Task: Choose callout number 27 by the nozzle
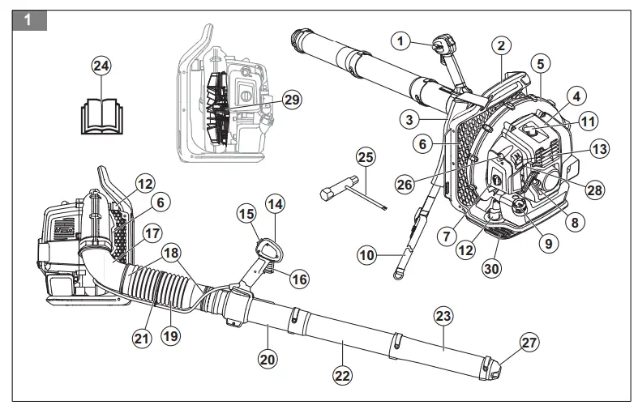click(529, 343)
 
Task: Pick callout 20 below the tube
click(268, 356)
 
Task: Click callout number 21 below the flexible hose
click(143, 339)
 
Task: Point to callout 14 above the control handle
click(276, 205)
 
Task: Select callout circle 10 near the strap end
click(368, 256)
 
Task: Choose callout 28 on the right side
click(596, 189)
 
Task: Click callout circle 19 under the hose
click(170, 333)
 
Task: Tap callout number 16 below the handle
click(299, 279)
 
